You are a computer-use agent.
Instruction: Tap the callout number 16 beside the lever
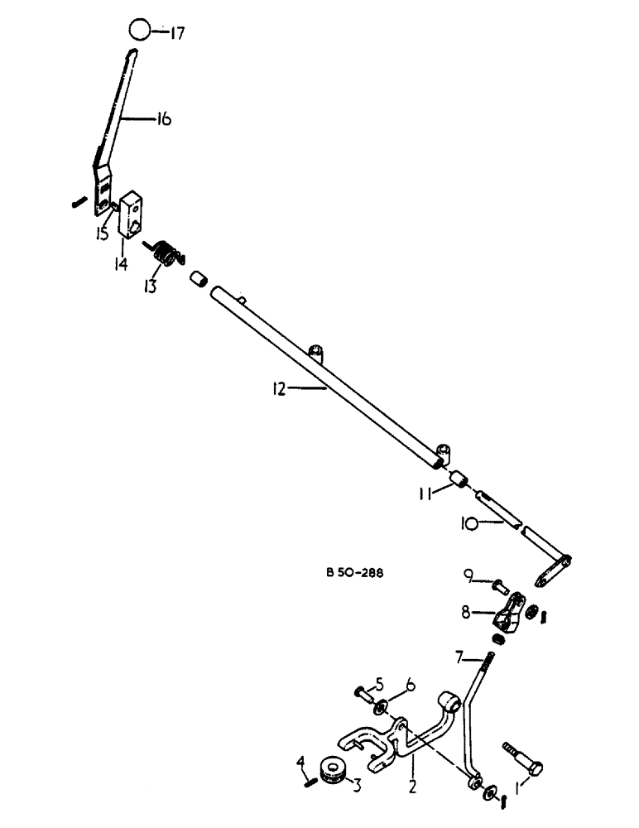tap(162, 119)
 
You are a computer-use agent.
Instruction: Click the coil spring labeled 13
tap(166, 253)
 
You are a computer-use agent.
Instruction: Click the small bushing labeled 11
tap(459, 479)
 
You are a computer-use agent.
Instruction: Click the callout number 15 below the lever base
tap(101, 234)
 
